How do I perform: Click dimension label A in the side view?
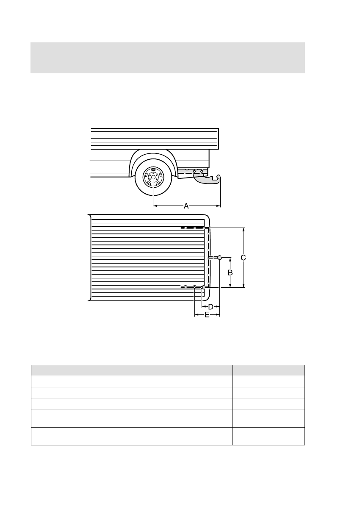tap(186, 206)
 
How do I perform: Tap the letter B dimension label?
tap(230, 272)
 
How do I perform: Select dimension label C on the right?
tap(244, 257)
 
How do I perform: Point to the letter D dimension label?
tap(210, 306)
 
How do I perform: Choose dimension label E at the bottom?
tap(207, 315)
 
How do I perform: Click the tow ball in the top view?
tap(219, 257)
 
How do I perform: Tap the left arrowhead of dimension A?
tap(155, 206)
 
